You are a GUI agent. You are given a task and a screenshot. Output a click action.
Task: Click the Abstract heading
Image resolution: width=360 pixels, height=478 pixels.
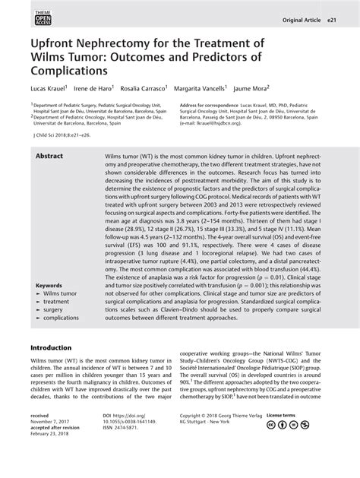pyautogui.click(x=52, y=154)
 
